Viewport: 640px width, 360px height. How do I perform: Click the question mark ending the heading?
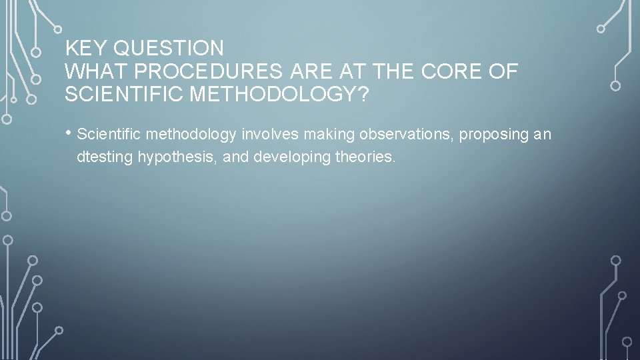coord(363,94)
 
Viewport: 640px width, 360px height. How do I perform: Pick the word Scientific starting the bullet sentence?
coord(109,135)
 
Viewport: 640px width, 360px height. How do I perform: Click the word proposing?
coord(491,135)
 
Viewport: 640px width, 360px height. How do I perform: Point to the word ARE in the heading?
coord(299,71)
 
